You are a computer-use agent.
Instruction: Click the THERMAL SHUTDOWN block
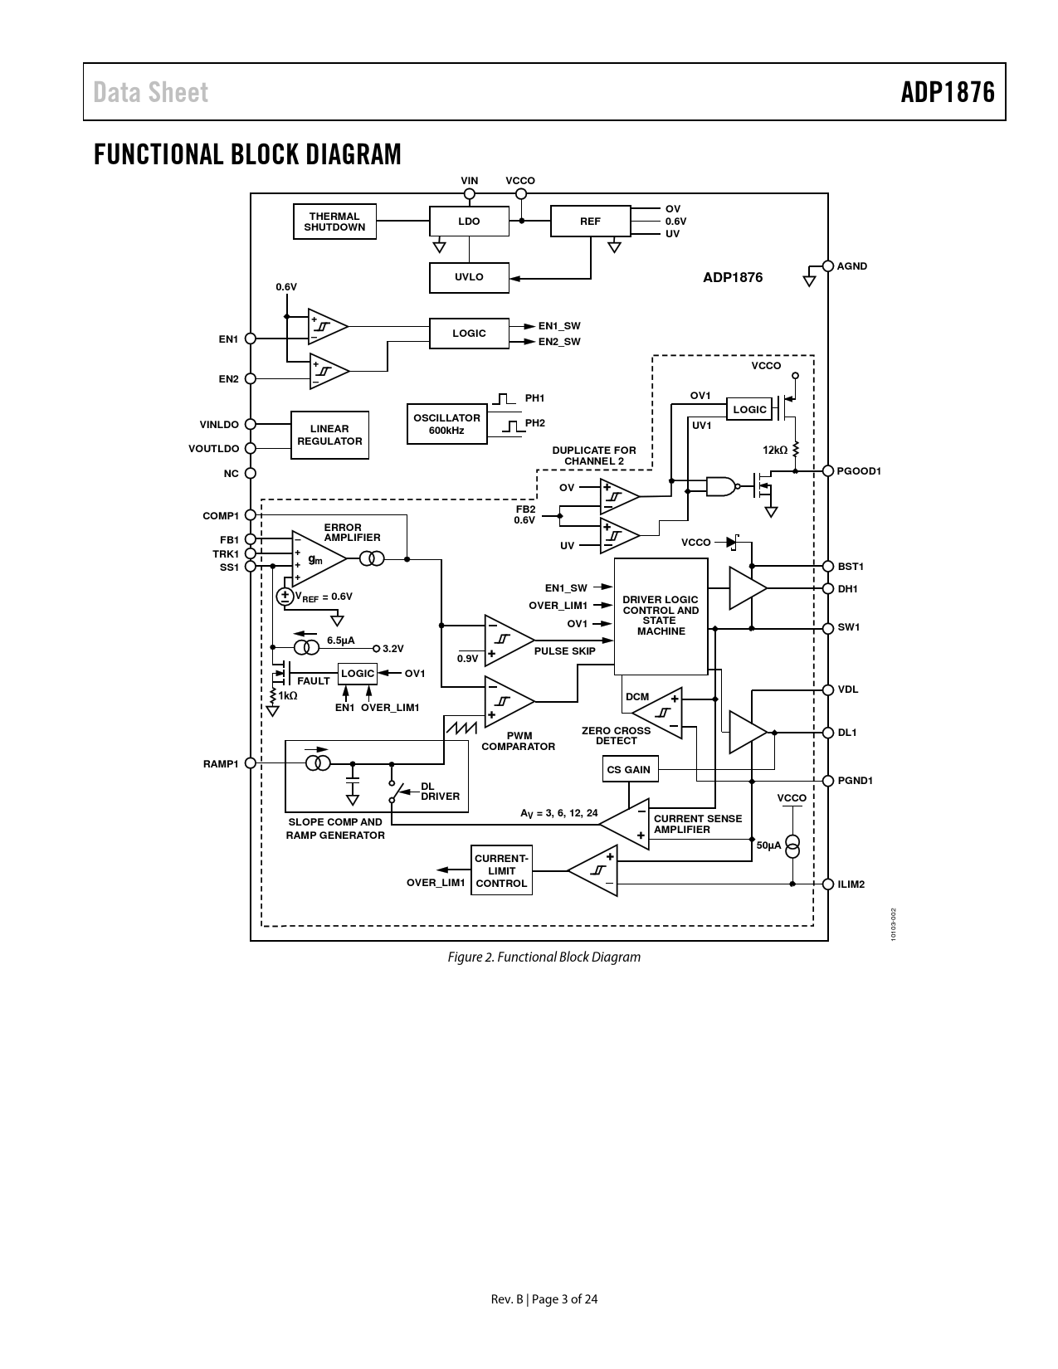tap(334, 222)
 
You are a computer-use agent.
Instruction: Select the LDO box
tap(469, 222)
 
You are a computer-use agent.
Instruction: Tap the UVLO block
tap(469, 277)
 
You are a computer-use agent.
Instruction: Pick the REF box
tap(590, 222)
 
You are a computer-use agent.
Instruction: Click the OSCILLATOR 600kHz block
tap(446, 424)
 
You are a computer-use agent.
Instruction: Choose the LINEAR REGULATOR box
tap(329, 435)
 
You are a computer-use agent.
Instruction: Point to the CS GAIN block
tap(629, 770)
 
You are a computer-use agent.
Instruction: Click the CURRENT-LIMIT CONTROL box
tap(501, 871)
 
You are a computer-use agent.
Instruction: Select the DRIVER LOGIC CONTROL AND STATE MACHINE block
tap(661, 616)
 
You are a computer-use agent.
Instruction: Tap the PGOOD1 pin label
tap(859, 471)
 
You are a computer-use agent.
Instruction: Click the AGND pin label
tap(852, 266)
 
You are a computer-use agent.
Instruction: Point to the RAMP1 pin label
tap(221, 763)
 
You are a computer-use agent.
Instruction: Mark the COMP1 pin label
tap(221, 516)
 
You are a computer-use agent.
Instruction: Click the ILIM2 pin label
tap(851, 884)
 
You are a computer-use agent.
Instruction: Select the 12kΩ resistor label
tap(775, 450)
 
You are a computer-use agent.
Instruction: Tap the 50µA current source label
tap(769, 845)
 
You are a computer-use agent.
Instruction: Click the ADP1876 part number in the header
tap(948, 92)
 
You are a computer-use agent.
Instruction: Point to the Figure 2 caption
tap(544, 957)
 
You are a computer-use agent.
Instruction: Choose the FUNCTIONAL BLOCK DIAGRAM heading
tap(247, 154)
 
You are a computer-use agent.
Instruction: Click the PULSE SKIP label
tap(564, 651)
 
